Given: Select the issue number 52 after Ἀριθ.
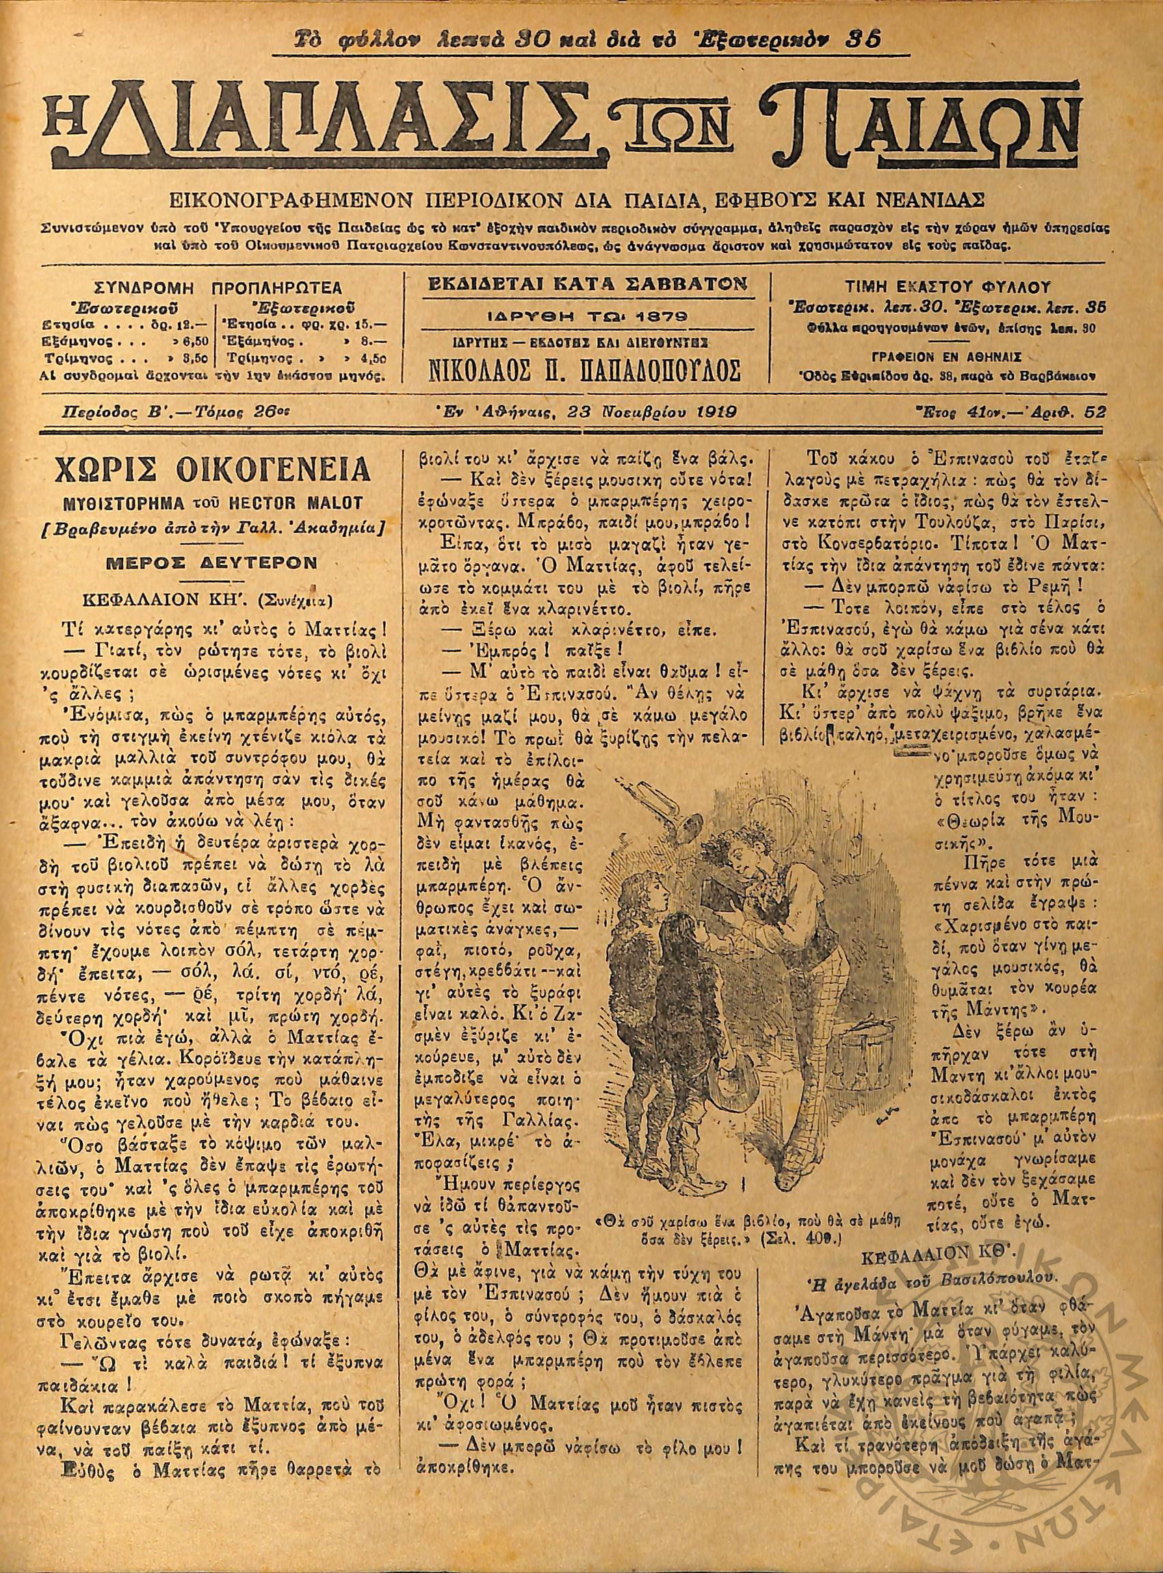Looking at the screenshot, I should tap(1095, 414).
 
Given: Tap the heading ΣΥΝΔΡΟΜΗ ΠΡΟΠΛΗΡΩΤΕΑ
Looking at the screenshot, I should tap(218, 288).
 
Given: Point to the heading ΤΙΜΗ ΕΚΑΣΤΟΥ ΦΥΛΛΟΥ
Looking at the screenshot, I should tap(948, 287).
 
